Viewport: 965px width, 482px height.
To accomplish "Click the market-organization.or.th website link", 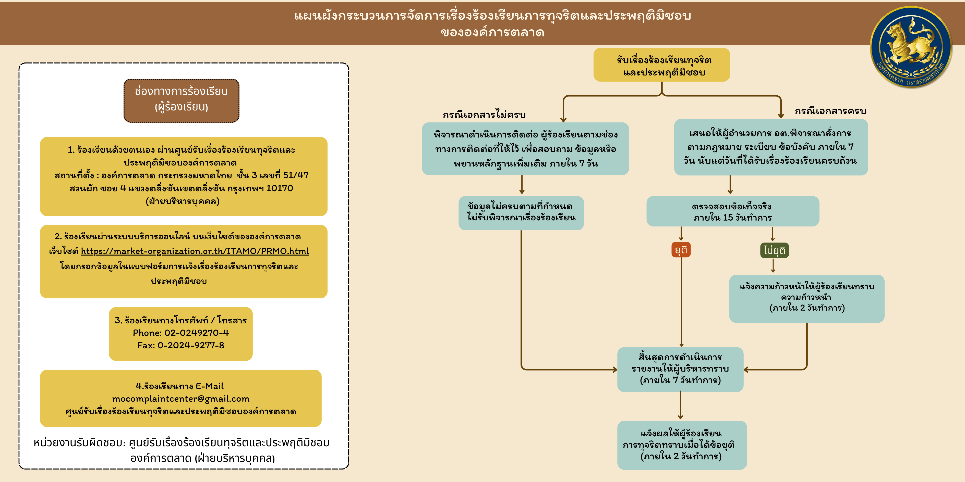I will point(195,251).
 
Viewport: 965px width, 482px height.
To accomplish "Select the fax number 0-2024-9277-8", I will point(191,345).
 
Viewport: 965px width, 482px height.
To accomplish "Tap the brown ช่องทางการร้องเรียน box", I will point(181,100).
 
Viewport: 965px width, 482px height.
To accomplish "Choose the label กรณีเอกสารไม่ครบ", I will point(484,115).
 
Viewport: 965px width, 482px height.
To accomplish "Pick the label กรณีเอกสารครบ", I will point(830,111).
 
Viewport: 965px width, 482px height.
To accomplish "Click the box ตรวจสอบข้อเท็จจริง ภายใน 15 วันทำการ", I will point(732,211).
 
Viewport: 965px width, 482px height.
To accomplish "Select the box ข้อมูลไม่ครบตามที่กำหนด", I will point(521,212).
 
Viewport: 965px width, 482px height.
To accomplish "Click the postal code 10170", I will point(280,188).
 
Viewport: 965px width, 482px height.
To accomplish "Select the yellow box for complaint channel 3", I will point(180,333).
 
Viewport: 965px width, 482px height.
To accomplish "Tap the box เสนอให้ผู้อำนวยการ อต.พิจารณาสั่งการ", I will point(770,147).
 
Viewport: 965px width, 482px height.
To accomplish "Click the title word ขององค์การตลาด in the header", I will point(492,33).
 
